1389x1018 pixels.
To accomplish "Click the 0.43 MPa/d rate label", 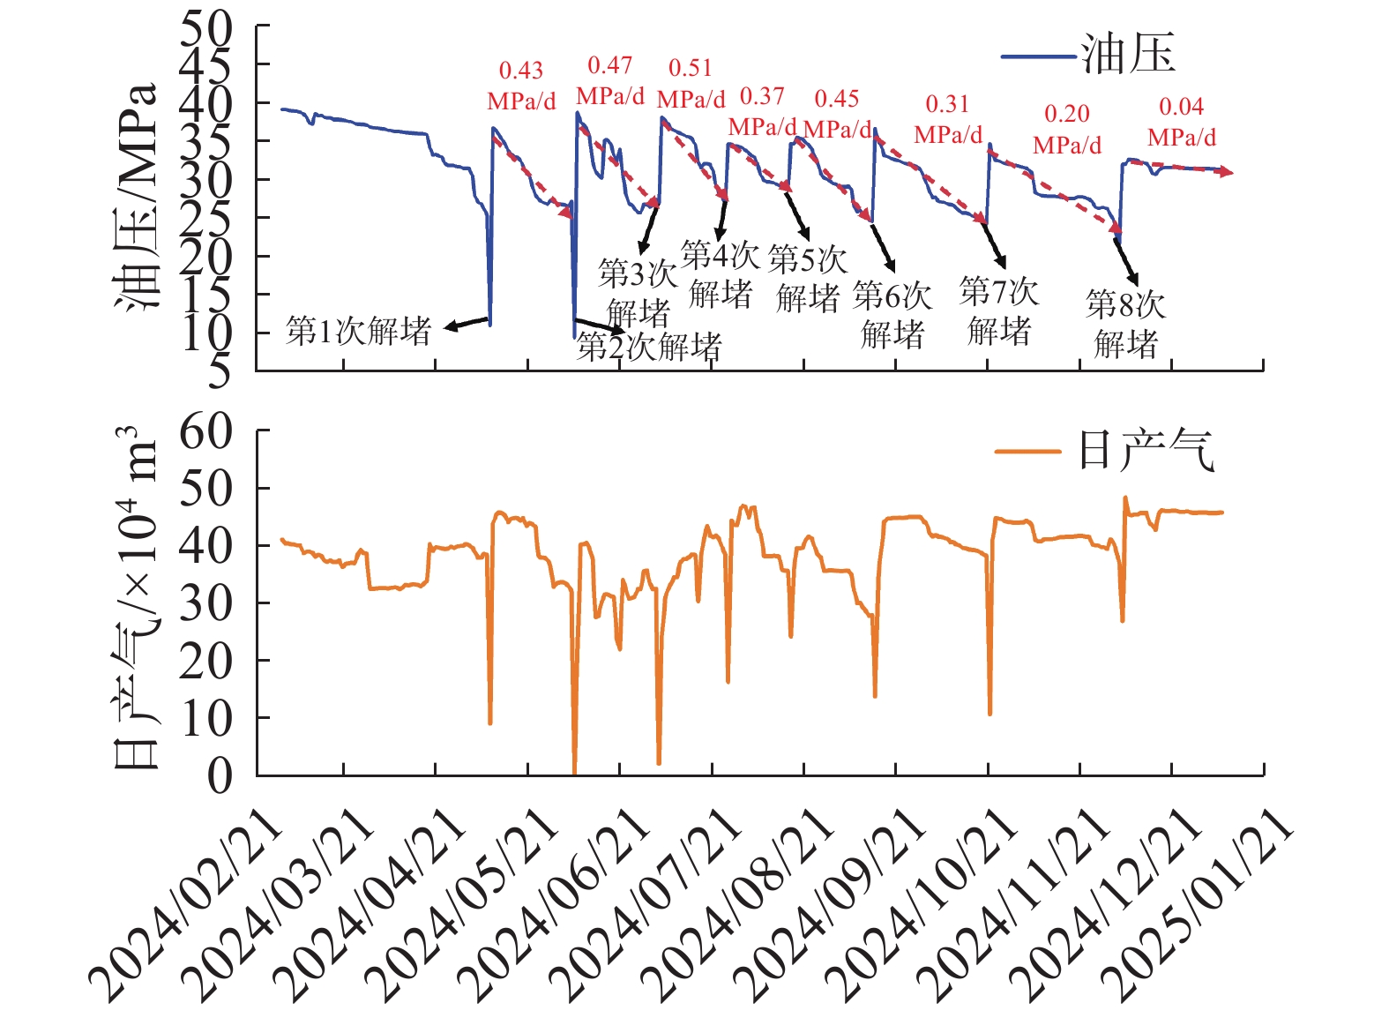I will pyautogui.click(x=521, y=86).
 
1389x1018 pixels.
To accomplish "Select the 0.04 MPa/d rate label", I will pyautogui.click(x=1181, y=122).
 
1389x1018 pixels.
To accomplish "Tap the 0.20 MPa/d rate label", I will pyautogui.click(x=1067, y=129).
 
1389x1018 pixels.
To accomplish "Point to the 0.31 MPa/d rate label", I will pyautogui.click(x=948, y=119).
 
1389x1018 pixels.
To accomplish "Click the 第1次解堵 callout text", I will pyautogui.click(x=359, y=332).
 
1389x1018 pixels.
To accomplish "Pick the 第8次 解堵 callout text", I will pyautogui.click(x=1125, y=324).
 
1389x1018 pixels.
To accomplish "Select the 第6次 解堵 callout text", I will pyautogui.click(x=892, y=315).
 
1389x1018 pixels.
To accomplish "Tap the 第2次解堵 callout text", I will pyautogui.click(x=649, y=347).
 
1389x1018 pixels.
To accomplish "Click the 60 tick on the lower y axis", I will pyautogui.click(x=206, y=432).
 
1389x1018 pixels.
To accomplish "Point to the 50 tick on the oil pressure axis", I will pyautogui.click(x=206, y=28).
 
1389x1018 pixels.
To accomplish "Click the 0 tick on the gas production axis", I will pyautogui.click(x=220, y=776).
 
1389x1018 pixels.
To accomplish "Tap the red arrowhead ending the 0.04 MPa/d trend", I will pyautogui.click(x=1227, y=173).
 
